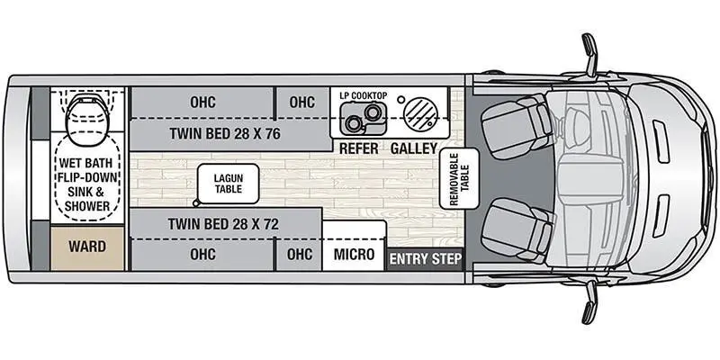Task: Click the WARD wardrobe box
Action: (87, 247)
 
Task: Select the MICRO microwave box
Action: (354, 254)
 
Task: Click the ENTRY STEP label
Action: (425, 259)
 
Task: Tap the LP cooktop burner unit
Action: (362, 114)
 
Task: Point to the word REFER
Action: (358, 148)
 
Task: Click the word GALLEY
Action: (414, 148)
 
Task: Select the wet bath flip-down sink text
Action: (86, 184)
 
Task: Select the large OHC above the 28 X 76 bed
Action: (202, 102)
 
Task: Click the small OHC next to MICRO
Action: (300, 254)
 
